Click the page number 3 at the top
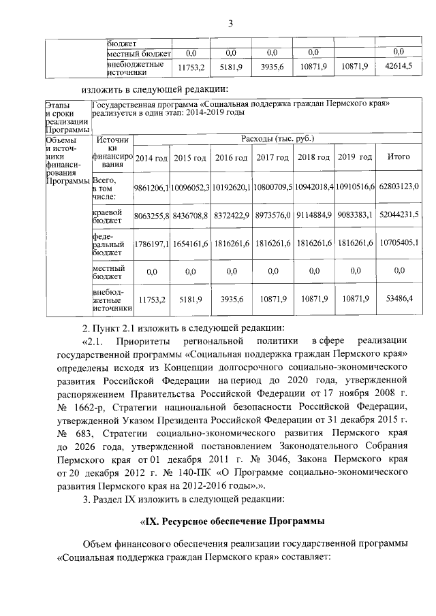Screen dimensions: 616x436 click(x=230, y=25)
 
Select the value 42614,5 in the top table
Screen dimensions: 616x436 click(x=399, y=67)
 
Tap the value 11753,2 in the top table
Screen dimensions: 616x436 click(x=191, y=67)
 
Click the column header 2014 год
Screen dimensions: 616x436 click(x=151, y=158)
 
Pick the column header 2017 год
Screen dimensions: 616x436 click(x=274, y=158)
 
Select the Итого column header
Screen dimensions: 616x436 click(x=399, y=157)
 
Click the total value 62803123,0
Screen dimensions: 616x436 click(x=399, y=187)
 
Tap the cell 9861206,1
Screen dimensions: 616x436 click(x=151, y=187)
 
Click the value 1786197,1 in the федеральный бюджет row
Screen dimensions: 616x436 click(x=151, y=242)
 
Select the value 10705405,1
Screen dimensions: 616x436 click(x=399, y=242)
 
